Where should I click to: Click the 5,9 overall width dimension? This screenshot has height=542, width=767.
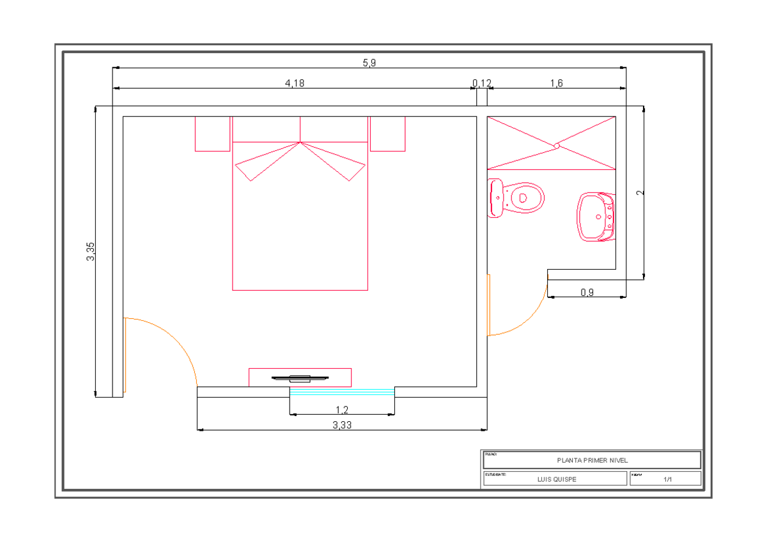pyautogui.click(x=369, y=63)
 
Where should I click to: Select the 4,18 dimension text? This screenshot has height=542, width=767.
pyautogui.click(x=294, y=83)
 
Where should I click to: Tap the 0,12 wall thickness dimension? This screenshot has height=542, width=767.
pyautogui.click(x=482, y=83)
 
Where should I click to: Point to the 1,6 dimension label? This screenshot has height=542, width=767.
pyautogui.click(x=556, y=83)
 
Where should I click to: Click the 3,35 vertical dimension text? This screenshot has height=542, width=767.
pyautogui.click(x=91, y=251)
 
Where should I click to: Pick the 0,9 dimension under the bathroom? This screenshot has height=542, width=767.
pyautogui.click(x=587, y=293)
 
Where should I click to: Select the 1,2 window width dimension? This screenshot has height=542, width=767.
pyautogui.click(x=342, y=409)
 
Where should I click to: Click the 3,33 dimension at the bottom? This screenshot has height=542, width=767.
pyautogui.click(x=342, y=425)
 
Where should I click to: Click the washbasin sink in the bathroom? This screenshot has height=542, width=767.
pyautogui.click(x=597, y=216)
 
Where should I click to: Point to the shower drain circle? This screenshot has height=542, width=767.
pyautogui.click(x=556, y=146)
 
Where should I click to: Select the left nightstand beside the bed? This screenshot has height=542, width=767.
pyautogui.click(x=212, y=134)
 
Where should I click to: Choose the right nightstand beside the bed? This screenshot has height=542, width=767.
pyautogui.click(x=387, y=134)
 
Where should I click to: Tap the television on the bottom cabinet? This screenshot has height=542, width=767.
pyautogui.click(x=299, y=378)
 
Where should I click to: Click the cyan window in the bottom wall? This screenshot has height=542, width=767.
pyautogui.click(x=342, y=391)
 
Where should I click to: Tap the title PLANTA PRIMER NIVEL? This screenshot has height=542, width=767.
pyautogui.click(x=592, y=460)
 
